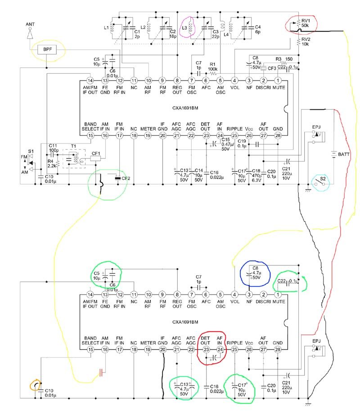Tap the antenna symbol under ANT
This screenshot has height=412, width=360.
(30, 33)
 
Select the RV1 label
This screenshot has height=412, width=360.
(306, 21)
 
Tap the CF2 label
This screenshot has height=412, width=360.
(126, 178)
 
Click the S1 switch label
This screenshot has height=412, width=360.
(31, 150)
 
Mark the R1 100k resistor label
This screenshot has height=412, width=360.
(213, 66)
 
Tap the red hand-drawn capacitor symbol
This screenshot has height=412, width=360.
(102, 372)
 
